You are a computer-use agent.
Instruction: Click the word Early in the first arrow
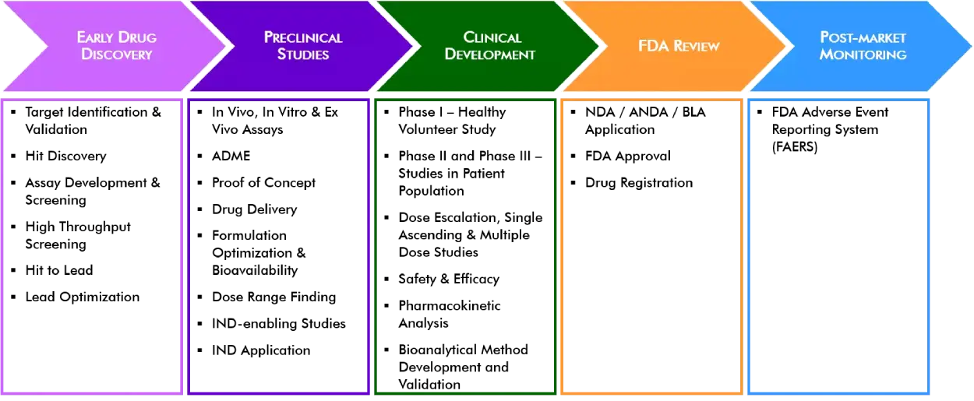96,37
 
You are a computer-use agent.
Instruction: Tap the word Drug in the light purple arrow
138,37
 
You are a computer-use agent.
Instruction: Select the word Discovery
117,55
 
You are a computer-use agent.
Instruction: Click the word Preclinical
303,37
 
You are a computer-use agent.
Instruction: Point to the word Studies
303,55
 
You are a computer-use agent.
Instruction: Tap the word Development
490,55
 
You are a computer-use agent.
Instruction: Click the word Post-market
863,37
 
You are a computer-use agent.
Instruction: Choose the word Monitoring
863,55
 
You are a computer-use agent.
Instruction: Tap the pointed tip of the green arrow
599,46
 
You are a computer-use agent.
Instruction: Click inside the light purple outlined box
93,246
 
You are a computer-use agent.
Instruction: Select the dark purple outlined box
278,246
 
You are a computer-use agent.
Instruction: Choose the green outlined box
465,246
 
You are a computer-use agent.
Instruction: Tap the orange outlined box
651,246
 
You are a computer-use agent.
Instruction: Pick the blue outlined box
838,246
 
